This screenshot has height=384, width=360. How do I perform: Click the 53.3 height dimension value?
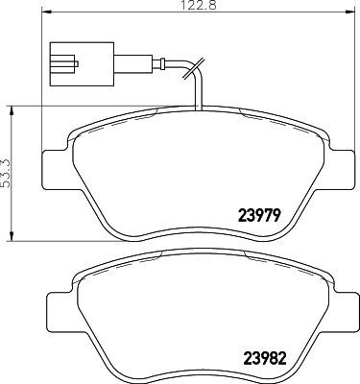tap(8, 174)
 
